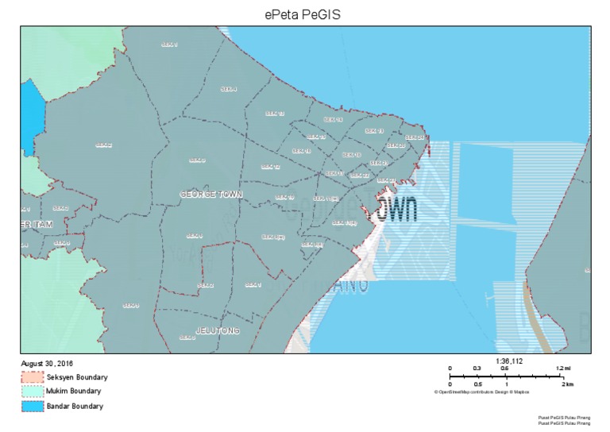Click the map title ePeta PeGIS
coord(305,13)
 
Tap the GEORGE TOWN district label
coord(211,195)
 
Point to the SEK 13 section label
coord(374,131)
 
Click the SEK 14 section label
coord(333,120)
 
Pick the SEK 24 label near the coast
coord(415,138)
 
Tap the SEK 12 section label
coord(271,168)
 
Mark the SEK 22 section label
coord(359,175)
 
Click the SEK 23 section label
coord(388,180)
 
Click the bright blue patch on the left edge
coord(29,119)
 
